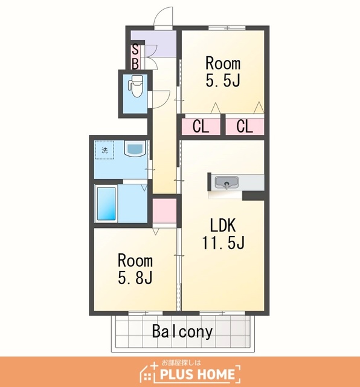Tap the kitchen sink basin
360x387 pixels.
pyautogui.click(x=227, y=183)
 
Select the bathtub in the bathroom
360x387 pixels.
pyautogui.click(x=106, y=204)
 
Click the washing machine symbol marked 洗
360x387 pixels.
pyautogui.click(x=104, y=150)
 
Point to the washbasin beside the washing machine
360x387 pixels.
pyautogui.click(x=135, y=148)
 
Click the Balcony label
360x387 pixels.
pyautogui.click(x=182, y=331)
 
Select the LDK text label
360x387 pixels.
pyautogui.click(x=223, y=225)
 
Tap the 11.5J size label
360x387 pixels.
pyautogui.click(x=223, y=242)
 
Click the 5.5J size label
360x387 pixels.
pyautogui.click(x=223, y=80)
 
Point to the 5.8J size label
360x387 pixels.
pyautogui.click(x=135, y=278)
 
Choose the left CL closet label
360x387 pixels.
pyautogui.click(x=201, y=126)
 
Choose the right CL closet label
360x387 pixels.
pyautogui.click(x=245, y=126)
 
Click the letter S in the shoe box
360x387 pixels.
pyautogui.click(x=135, y=49)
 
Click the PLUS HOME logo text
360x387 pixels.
pyautogui.click(x=197, y=374)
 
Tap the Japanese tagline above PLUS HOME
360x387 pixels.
pyautogui.click(x=181, y=362)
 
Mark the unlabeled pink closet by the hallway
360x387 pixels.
pyautogui.click(x=164, y=211)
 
